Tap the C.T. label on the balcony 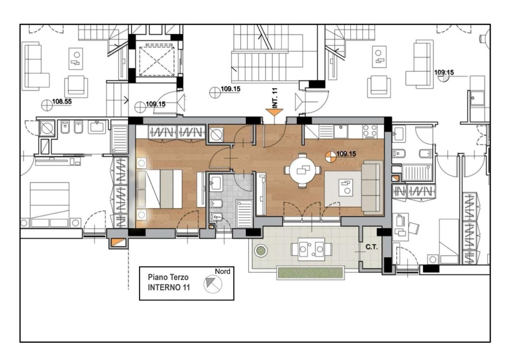pos(372,247)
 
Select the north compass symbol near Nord pos(213,284)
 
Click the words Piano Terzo pos(168,277)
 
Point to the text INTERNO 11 pos(169,288)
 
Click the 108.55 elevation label pos(62,101)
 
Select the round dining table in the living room pos(303,170)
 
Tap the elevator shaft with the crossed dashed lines pos(157,61)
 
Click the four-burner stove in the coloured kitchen pos(370,131)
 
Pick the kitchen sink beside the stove pos(341,131)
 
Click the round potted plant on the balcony pos(261,250)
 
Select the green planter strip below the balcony pos(310,273)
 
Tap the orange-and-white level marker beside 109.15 pos(331,157)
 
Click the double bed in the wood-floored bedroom pos(160,189)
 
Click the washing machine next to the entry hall pos(216,135)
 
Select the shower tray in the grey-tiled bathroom pos(244,213)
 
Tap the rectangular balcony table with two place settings pos(312,249)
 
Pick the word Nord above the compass pos(222,271)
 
